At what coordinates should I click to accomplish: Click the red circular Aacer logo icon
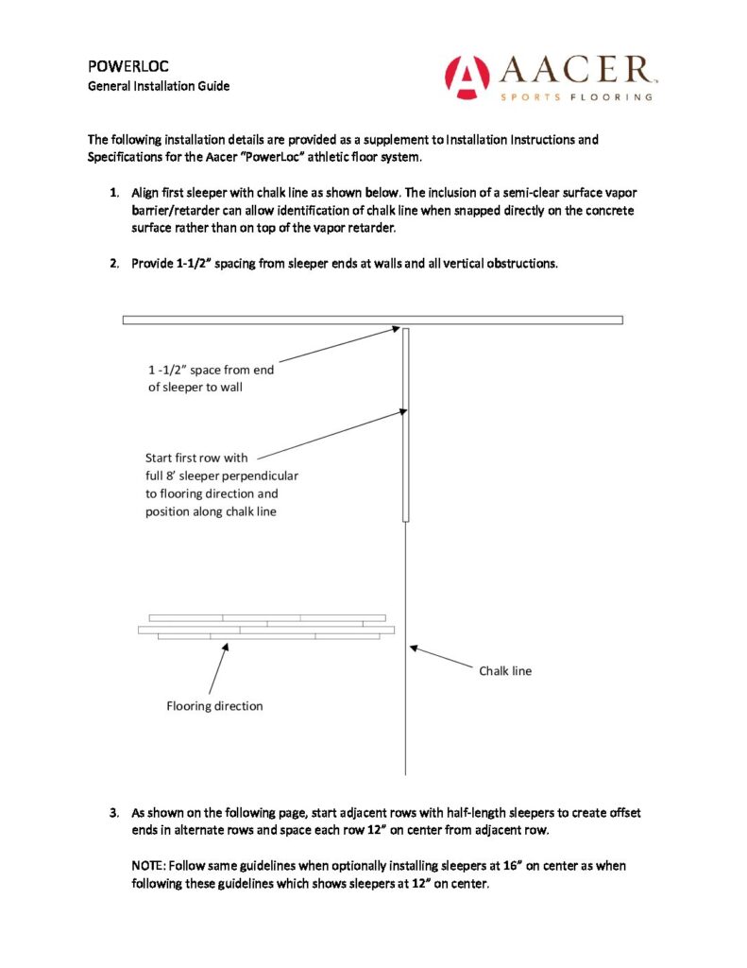point(467,77)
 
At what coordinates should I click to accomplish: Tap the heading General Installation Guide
point(159,86)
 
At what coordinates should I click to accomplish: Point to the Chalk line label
point(505,671)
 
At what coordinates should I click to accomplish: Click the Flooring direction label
point(214,705)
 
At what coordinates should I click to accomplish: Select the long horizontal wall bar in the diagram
point(372,320)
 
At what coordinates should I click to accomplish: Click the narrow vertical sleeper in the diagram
point(406,425)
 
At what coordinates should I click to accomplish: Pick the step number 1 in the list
point(113,193)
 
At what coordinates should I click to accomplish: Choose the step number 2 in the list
point(113,263)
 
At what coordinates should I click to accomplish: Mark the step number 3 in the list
point(113,812)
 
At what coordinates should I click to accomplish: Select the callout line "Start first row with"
point(196,458)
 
